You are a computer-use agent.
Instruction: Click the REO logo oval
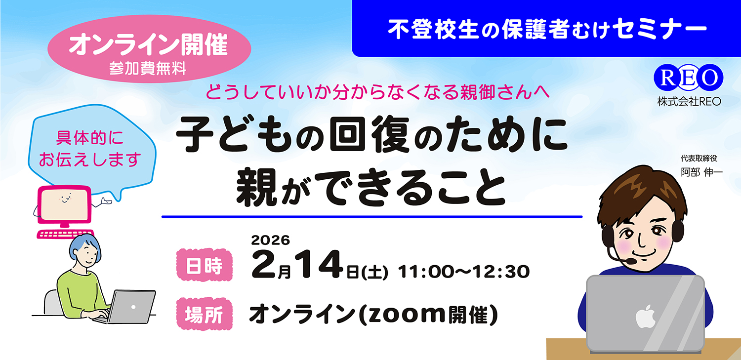(688, 78)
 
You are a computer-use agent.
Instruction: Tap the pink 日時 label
(203, 267)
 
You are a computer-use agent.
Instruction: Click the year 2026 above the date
(270, 240)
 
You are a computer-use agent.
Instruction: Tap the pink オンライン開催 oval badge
(149, 49)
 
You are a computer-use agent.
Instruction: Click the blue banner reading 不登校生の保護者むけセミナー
(546, 29)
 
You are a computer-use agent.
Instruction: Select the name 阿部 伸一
(698, 173)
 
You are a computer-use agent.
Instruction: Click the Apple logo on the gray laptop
(645, 316)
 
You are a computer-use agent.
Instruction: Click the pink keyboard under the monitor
(65, 234)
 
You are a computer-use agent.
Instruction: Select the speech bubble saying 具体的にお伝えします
(90, 149)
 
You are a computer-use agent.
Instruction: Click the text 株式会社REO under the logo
(689, 101)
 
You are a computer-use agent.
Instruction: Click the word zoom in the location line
(402, 315)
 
